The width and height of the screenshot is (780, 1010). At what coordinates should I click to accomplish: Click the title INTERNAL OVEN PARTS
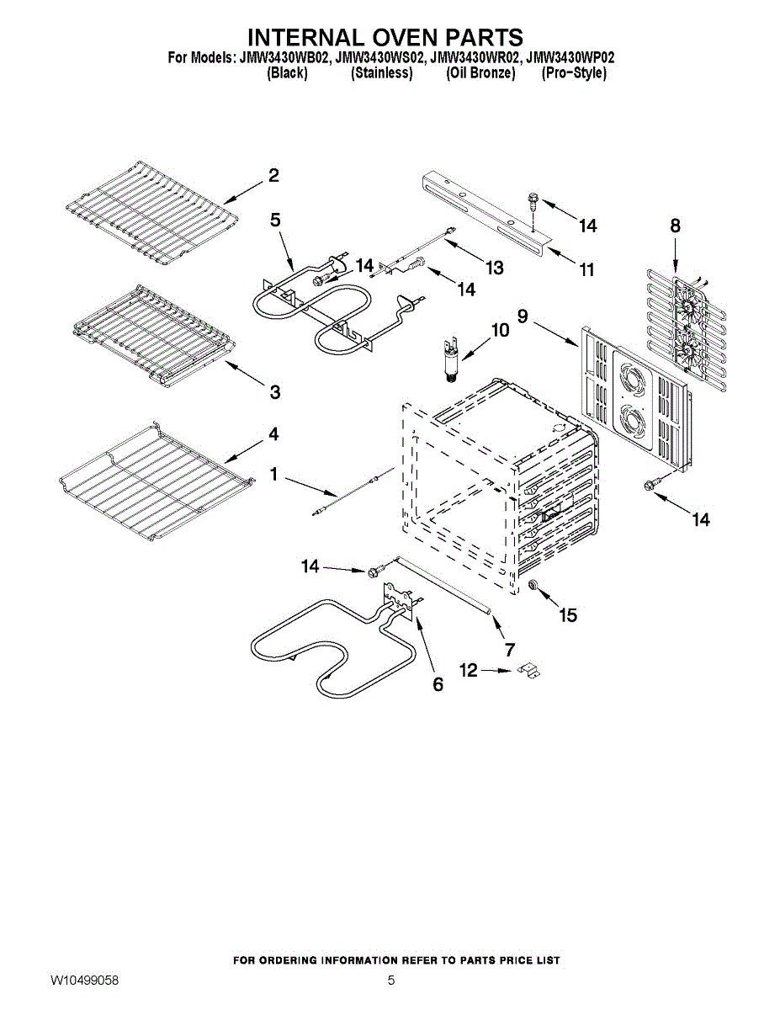tap(386, 38)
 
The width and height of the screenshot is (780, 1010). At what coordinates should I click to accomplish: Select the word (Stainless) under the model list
tap(381, 73)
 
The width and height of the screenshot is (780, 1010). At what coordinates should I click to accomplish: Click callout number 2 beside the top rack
tap(273, 176)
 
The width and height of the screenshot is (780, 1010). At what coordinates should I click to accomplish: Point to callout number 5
tap(275, 220)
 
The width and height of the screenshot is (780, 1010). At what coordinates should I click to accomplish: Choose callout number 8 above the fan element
tap(675, 226)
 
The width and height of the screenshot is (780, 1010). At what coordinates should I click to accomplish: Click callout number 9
tap(523, 316)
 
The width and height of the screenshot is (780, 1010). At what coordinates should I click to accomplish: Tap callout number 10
tap(500, 331)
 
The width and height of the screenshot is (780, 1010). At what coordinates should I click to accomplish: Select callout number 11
tap(586, 269)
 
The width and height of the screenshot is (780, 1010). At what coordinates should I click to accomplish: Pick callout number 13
tap(494, 268)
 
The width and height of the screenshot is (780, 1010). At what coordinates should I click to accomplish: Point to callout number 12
tap(468, 670)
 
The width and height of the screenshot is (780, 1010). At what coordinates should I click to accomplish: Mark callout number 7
tap(509, 650)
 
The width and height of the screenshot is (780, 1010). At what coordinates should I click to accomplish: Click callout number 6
tap(438, 684)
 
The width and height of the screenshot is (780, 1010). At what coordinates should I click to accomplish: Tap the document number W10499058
tap(84, 981)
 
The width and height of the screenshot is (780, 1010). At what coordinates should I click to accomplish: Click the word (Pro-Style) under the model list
tap(574, 73)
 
